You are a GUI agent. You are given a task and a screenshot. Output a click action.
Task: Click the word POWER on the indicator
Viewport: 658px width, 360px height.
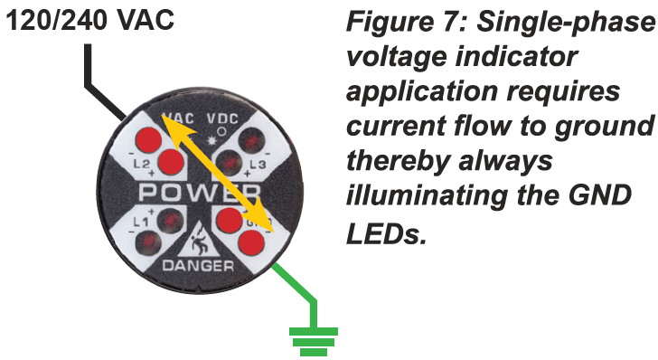[200, 192]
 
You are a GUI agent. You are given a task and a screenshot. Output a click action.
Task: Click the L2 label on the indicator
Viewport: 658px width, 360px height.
[142, 164]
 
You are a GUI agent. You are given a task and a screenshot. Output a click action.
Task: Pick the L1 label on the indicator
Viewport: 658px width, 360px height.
[141, 223]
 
